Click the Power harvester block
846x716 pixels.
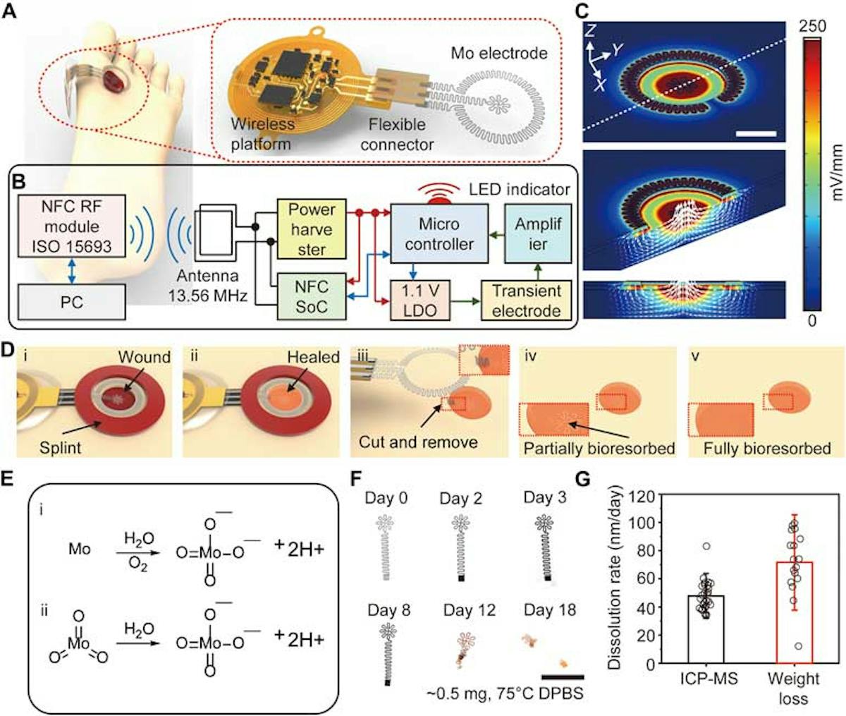tap(312, 229)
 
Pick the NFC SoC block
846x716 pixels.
tap(312, 297)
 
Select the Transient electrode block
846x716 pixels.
tap(527, 301)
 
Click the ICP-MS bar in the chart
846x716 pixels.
tap(706, 629)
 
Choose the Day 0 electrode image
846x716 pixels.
tap(386, 547)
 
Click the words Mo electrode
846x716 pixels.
tap(498, 53)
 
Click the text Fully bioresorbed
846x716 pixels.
tap(766, 449)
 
